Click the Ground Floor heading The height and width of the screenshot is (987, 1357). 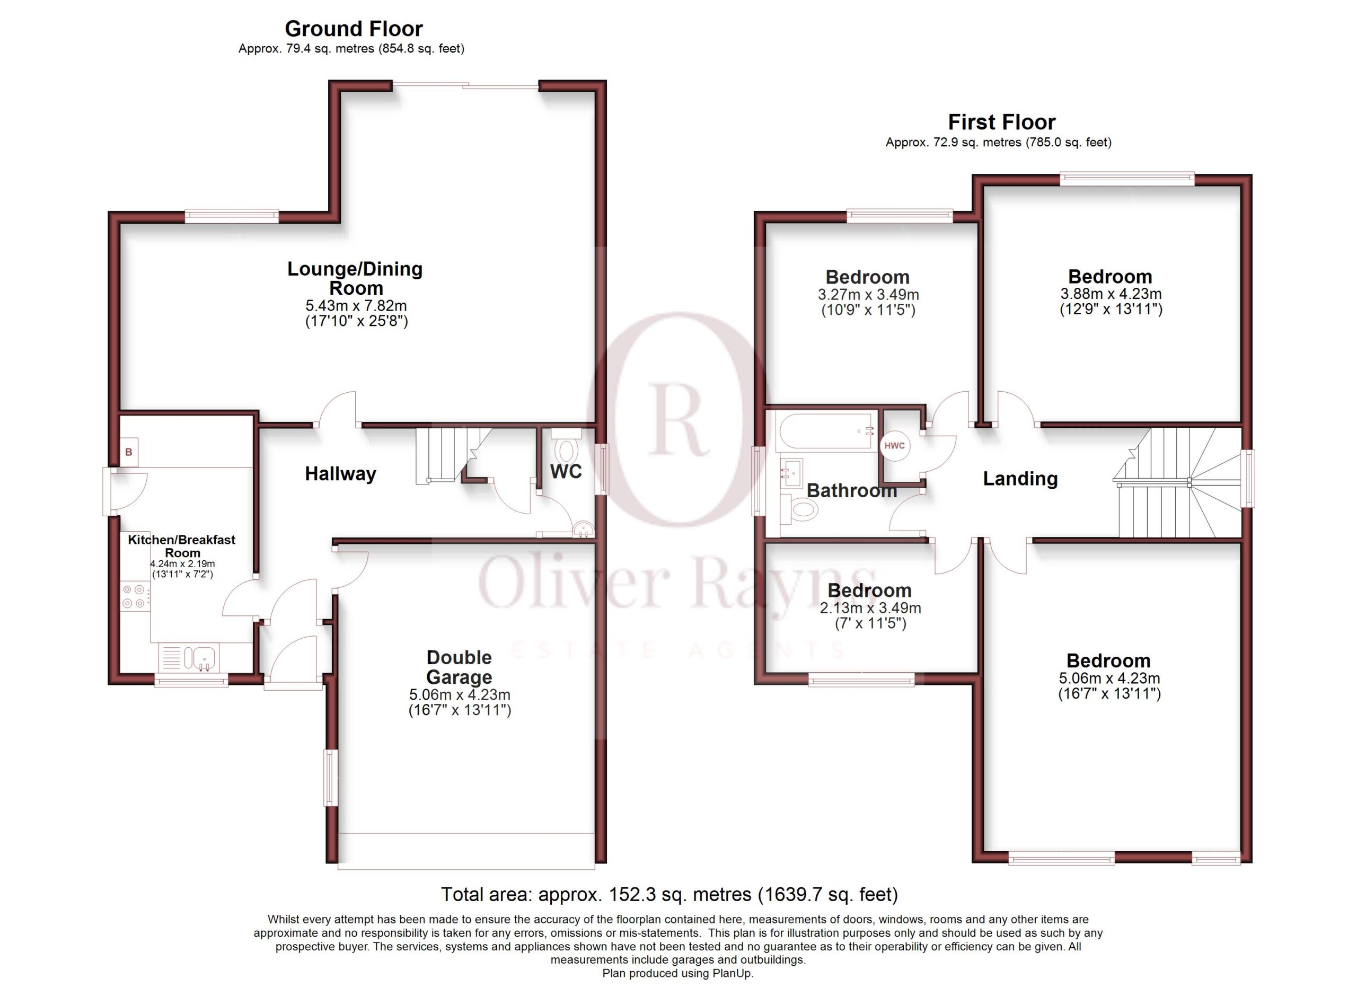click(x=354, y=29)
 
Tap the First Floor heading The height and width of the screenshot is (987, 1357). click(x=1002, y=122)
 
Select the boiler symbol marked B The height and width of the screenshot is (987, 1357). click(x=129, y=452)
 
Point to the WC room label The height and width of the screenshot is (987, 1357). click(x=566, y=471)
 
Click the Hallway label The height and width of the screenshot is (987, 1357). click(x=340, y=474)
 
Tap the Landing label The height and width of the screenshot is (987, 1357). click(x=1020, y=479)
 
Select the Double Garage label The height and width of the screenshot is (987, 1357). click(x=459, y=667)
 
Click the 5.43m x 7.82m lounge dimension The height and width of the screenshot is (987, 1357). click(x=356, y=306)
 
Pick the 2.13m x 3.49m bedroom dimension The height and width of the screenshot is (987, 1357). click(x=870, y=609)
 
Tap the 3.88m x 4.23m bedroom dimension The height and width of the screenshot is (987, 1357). click(x=1111, y=294)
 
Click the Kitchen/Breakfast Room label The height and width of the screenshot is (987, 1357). click(x=182, y=546)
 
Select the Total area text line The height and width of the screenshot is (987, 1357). click(x=669, y=894)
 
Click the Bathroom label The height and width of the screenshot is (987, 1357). click(x=851, y=490)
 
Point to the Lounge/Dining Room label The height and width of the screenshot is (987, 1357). click(x=355, y=278)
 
